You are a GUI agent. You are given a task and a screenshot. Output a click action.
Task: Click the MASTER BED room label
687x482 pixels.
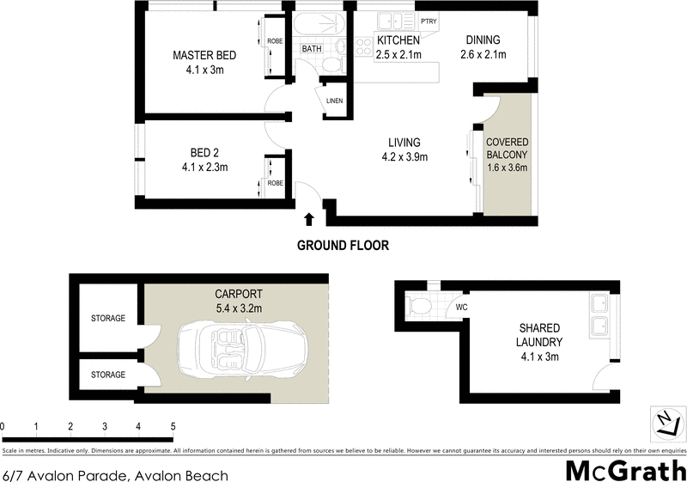coord(204,56)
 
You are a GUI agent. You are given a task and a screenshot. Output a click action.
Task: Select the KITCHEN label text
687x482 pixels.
coord(398,40)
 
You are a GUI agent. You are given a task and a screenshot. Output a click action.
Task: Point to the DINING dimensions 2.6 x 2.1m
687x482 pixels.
coord(483,55)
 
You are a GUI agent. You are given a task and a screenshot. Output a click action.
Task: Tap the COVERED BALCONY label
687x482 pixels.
coord(507,148)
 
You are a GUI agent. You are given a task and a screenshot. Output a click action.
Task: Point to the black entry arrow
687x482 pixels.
coord(309,222)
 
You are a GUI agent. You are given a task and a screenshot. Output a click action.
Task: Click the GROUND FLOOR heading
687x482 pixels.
coord(343,245)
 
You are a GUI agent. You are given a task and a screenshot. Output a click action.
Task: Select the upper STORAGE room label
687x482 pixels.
coord(108,318)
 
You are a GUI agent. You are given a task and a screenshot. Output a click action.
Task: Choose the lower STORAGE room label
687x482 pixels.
coord(108,375)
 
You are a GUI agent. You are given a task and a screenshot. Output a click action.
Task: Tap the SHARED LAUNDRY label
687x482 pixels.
coord(539,335)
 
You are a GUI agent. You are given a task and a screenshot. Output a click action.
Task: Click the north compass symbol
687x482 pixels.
coord(665,423)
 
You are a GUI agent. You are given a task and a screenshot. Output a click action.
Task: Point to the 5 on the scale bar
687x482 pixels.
coord(173,426)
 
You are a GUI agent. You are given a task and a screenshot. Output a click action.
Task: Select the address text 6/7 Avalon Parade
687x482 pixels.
coord(64,472)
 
